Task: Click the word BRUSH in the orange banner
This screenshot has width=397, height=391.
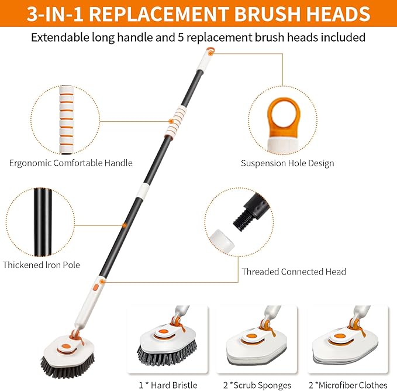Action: [248, 14]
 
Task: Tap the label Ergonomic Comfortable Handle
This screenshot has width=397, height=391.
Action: [71, 163]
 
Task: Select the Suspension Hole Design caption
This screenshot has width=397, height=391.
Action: [288, 163]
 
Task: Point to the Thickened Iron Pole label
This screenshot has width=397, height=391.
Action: [42, 265]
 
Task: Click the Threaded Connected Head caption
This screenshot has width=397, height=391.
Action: [294, 272]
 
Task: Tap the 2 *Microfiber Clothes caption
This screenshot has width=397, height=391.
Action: [348, 385]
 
